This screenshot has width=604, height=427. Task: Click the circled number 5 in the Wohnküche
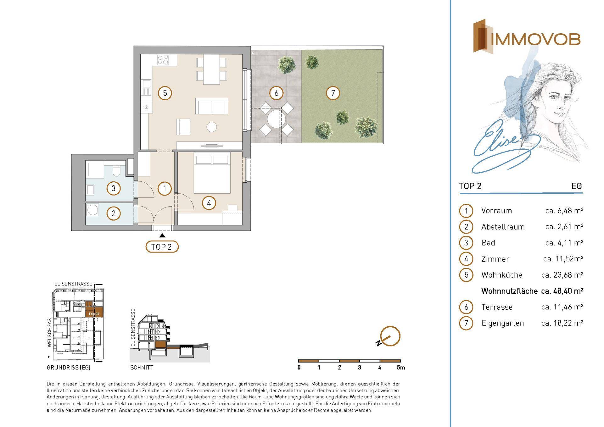(165, 93)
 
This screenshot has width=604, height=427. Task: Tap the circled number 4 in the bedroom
(209, 203)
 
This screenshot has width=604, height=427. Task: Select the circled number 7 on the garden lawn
(333, 93)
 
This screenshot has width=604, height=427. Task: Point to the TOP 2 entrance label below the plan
(162, 247)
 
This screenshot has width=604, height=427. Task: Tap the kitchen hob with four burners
(163, 60)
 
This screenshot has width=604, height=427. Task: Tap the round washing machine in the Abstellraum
(93, 210)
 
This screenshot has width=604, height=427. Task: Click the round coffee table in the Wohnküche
(212, 127)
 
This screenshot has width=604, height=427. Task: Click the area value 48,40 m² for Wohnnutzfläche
(562, 291)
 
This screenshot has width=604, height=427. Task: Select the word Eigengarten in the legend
(503, 323)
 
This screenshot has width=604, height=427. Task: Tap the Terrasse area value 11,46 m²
(562, 307)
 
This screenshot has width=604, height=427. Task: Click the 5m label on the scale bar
(401, 367)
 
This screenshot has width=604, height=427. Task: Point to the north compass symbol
(390, 336)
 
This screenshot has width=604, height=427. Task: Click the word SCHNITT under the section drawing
(142, 367)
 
